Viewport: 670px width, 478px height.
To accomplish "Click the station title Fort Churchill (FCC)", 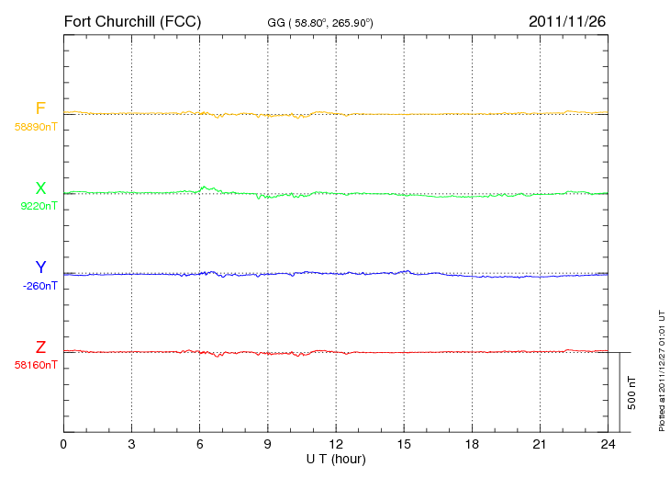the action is pyautogui.click(x=132, y=21).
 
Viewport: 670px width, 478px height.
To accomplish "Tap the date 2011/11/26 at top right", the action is pyautogui.click(x=567, y=21).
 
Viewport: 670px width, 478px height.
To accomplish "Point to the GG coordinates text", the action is pyautogui.click(x=320, y=23).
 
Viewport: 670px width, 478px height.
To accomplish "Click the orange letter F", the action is pyautogui.click(x=40, y=108).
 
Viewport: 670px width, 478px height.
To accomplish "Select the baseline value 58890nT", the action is pyautogui.click(x=36, y=127).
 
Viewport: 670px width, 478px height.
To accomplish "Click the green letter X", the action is pyautogui.click(x=40, y=188).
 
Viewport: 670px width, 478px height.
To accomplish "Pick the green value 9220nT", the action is pyautogui.click(x=39, y=206).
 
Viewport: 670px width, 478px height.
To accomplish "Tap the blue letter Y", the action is pyautogui.click(x=40, y=267).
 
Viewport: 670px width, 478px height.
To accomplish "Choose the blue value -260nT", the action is pyautogui.click(x=39, y=286).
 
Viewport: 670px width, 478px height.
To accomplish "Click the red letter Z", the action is pyautogui.click(x=40, y=347).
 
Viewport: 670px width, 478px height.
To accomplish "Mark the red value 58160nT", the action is pyautogui.click(x=36, y=366).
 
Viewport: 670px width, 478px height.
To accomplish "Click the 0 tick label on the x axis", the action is pyautogui.click(x=63, y=444).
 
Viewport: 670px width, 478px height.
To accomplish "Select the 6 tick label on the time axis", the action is pyautogui.click(x=199, y=444).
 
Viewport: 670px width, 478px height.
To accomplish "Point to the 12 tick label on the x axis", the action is pyautogui.click(x=336, y=444).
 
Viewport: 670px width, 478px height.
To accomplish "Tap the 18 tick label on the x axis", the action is pyautogui.click(x=472, y=444).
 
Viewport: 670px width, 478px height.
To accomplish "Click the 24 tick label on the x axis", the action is pyautogui.click(x=608, y=444).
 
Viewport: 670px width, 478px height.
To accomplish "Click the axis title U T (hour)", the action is pyautogui.click(x=336, y=460).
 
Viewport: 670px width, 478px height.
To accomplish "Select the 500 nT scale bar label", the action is pyautogui.click(x=632, y=393).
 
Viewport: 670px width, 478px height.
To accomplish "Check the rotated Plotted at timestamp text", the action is pyautogui.click(x=662, y=370).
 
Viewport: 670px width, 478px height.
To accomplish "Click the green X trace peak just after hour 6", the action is pyautogui.click(x=205, y=187).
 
